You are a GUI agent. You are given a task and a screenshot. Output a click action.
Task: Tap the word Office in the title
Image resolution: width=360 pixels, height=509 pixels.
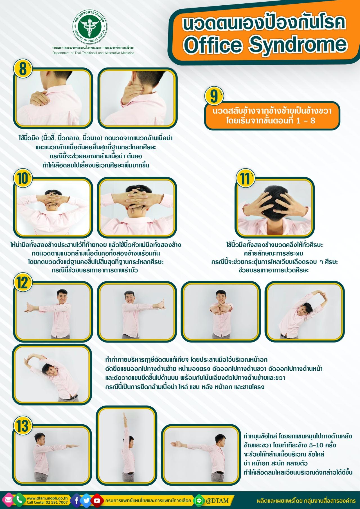tap(208, 44)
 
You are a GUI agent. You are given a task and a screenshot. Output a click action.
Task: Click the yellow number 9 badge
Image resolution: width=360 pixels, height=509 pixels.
tap(214, 96)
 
